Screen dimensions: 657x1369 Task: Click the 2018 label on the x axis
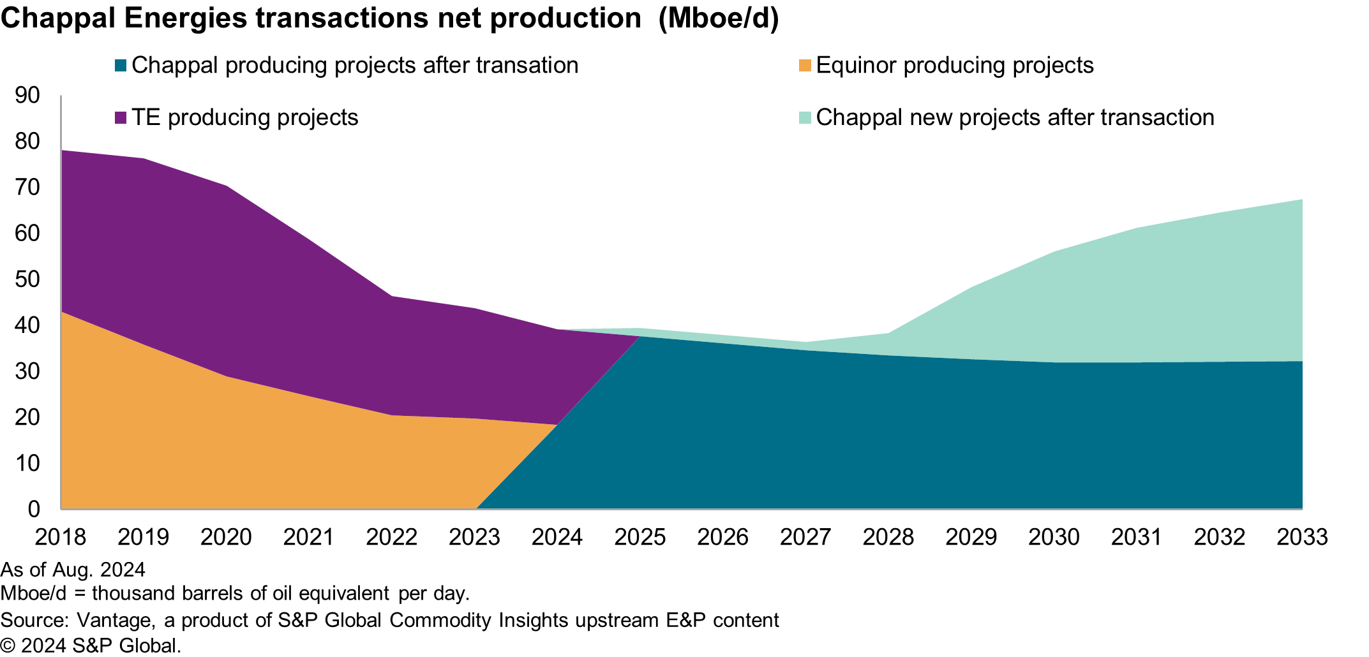point(60,537)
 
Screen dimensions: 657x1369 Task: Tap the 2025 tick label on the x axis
point(640,537)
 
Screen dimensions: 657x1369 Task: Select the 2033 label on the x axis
point(1302,537)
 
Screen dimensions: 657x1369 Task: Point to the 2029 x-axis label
point(971,537)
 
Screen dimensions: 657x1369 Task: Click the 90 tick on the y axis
point(27,96)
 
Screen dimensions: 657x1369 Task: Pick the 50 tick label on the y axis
point(27,279)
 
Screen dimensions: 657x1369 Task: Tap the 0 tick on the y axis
point(34,509)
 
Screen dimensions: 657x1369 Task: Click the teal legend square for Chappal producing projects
point(121,66)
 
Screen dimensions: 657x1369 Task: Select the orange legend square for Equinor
point(805,66)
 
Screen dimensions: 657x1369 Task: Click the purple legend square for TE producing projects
point(121,118)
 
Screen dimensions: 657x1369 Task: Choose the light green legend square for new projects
point(805,118)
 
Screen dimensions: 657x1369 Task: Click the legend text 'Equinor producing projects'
point(955,66)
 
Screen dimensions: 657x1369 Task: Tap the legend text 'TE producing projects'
point(245,118)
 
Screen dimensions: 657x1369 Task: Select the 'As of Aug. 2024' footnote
point(73,569)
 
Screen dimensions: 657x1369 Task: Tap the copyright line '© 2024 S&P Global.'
point(91,646)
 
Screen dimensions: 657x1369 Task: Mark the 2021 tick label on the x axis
point(308,537)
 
